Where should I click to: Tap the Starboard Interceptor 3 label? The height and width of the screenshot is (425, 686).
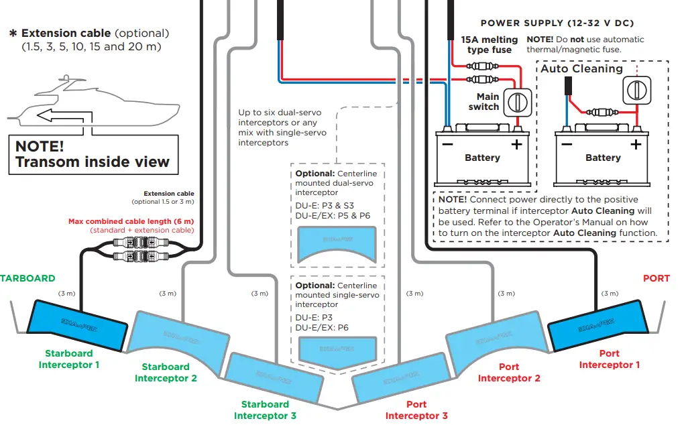[x=265, y=410]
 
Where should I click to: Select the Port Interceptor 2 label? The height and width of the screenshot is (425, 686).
[x=509, y=373]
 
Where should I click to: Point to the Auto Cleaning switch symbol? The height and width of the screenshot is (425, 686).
[x=634, y=88]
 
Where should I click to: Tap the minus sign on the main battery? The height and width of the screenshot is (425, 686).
[x=447, y=143]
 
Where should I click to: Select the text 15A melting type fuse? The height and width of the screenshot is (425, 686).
[x=489, y=44]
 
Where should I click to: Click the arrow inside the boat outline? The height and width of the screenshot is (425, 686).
[x=60, y=115]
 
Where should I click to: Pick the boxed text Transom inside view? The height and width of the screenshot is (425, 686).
[x=93, y=154]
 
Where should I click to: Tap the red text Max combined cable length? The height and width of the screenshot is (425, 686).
[x=131, y=221]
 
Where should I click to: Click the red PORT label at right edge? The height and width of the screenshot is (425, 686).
[x=656, y=278]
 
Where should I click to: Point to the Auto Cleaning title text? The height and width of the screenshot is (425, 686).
[x=581, y=68]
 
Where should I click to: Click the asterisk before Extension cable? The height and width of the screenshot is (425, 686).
[x=12, y=34]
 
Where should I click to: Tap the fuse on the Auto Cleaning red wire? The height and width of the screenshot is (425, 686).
[x=598, y=112]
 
